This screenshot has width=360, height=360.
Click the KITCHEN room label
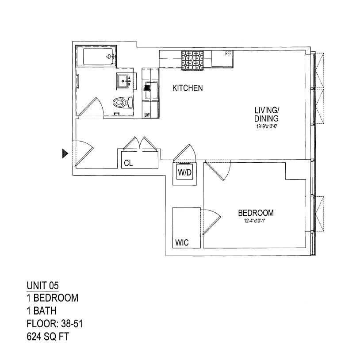point(188,88)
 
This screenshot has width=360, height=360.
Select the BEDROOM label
point(255,213)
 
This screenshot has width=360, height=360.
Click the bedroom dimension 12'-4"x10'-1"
point(254,221)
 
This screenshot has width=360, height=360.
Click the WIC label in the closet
point(183,243)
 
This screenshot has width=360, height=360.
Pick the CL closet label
point(128,163)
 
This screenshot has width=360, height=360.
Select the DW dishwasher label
point(147,115)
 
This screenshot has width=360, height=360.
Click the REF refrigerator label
point(228,54)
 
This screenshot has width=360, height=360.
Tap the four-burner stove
point(192,60)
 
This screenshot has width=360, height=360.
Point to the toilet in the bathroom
point(121,103)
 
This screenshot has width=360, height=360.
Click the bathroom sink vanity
point(124,81)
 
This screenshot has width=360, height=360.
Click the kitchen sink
point(152,90)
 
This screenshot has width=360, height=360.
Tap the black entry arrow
point(65,153)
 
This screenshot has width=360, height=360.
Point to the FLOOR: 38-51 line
point(55,324)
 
